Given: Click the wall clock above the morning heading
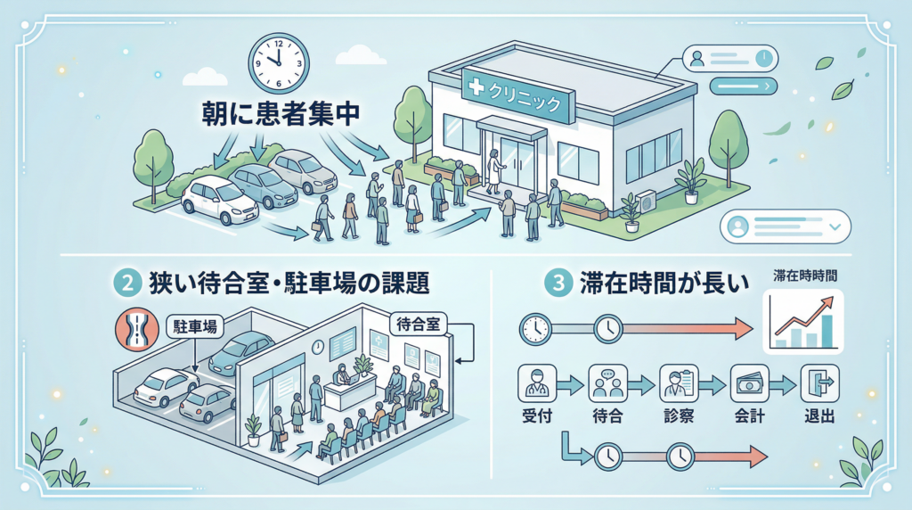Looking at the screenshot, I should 277,61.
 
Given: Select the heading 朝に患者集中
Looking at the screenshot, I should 283,115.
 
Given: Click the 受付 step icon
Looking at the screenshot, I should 535,385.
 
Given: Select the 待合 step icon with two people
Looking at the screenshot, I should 607,385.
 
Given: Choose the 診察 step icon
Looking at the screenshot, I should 677,385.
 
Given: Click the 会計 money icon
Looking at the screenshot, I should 748,385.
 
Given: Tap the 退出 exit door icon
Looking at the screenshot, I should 818,385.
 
